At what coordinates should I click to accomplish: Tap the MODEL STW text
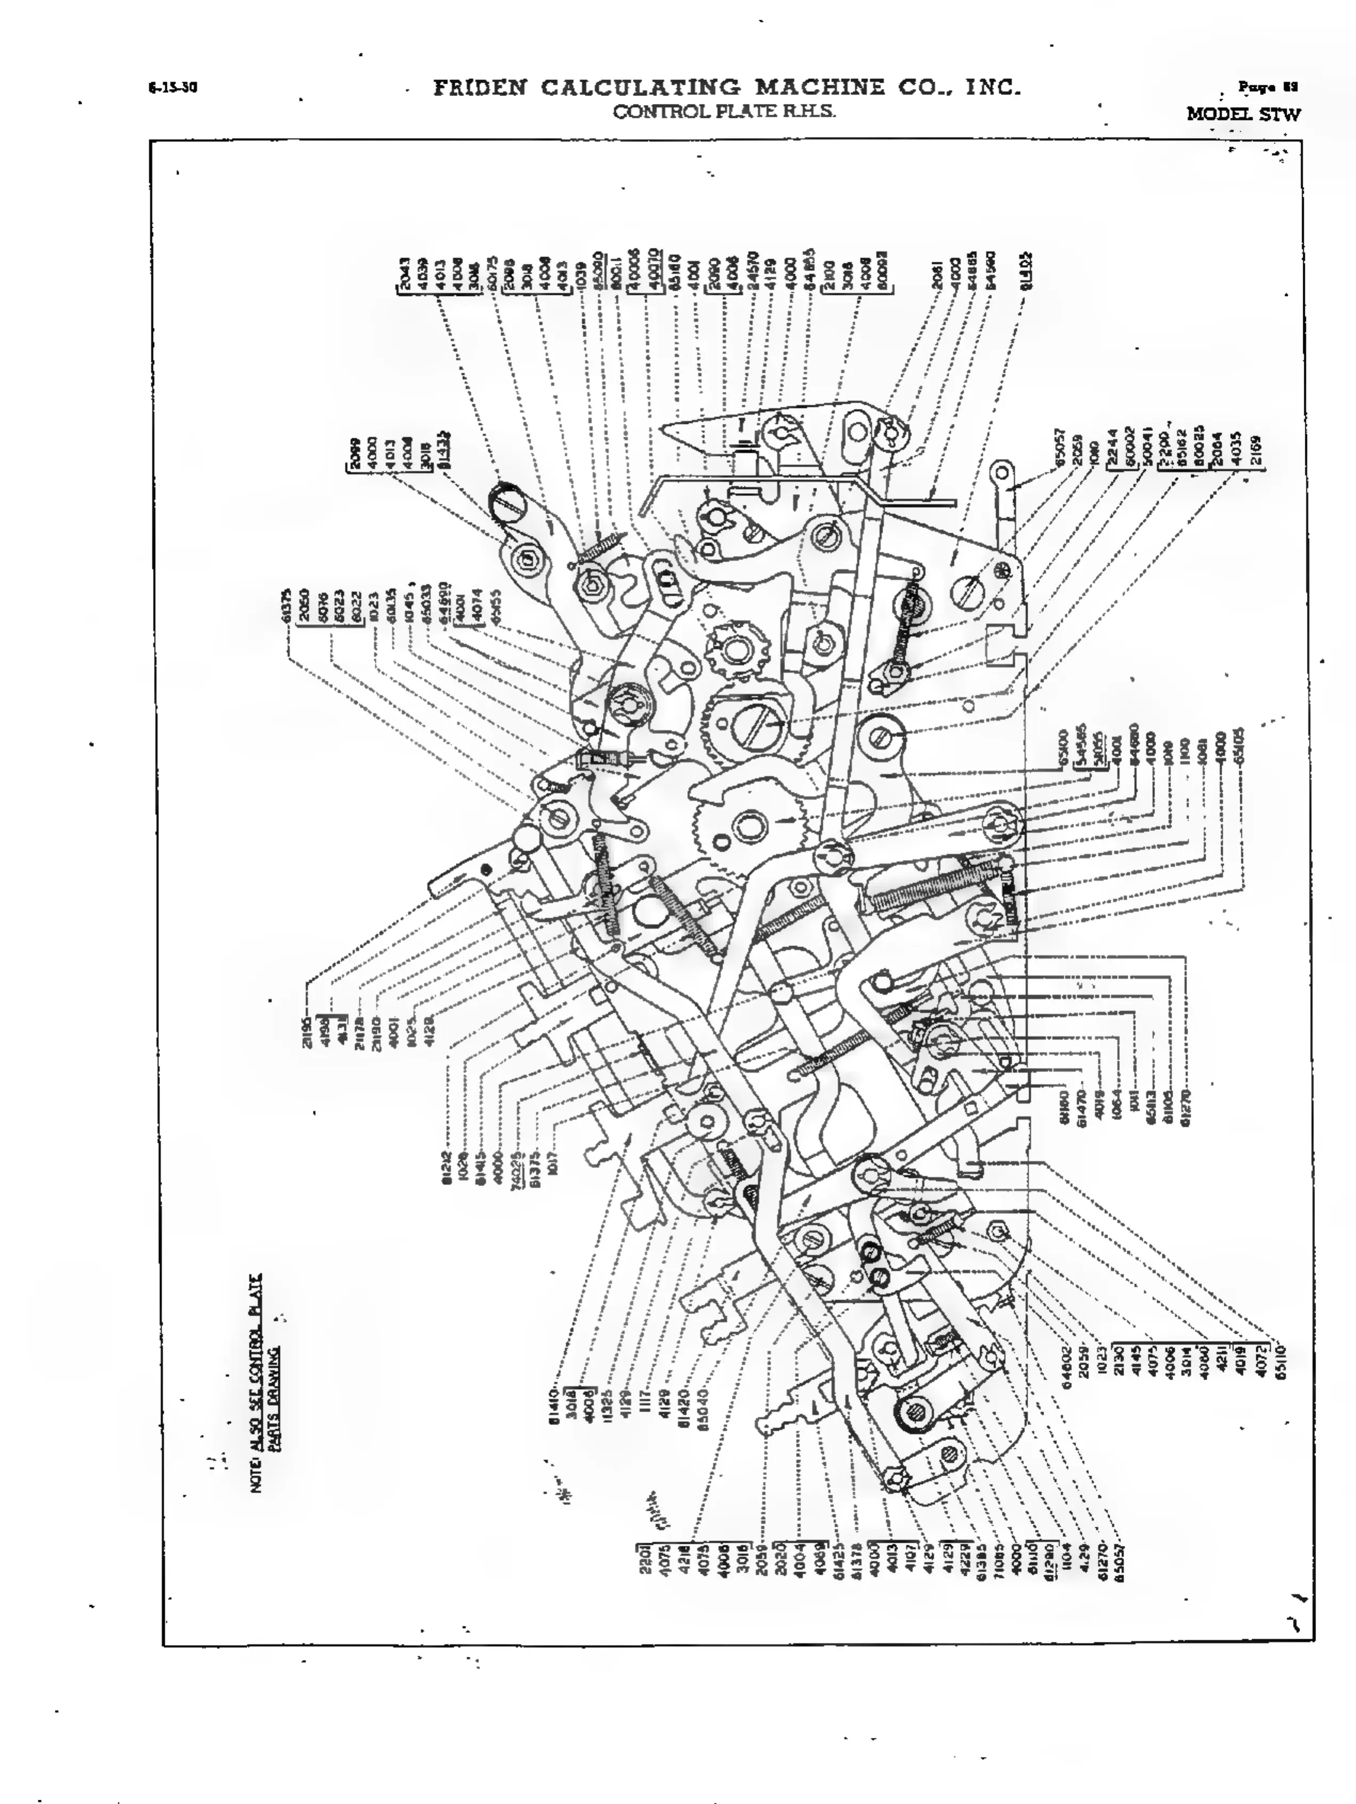pyautogui.click(x=1242, y=114)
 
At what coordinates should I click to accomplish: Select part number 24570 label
pyautogui.click(x=754, y=271)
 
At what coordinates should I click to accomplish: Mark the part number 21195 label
pyautogui.click(x=308, y=1031)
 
